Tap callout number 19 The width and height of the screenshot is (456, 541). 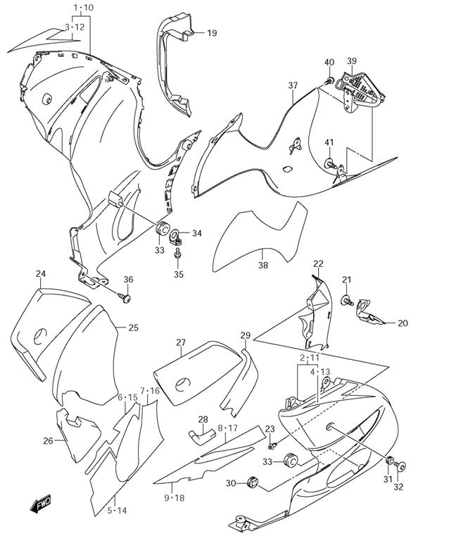click(212, 32)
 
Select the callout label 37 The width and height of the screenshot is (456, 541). click(293, 86)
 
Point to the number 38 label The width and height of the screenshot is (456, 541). click(262, 266)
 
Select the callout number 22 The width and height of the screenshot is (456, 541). click(318, 263)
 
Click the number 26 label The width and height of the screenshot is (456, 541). click(48, 441)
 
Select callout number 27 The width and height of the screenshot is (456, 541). click(181, 343)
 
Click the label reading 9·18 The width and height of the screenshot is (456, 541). click(173, 498)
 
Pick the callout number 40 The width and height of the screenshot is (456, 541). click(329, 63)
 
